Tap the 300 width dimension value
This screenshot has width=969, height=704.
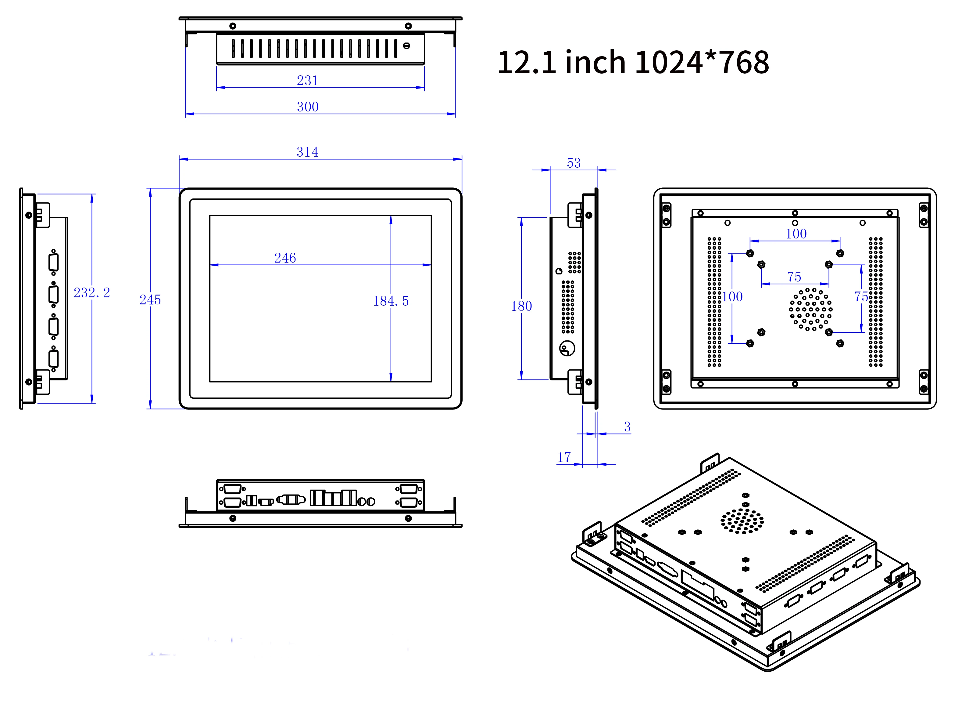click(x=308, y=107)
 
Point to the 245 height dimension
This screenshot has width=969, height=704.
click(x=150, y=300)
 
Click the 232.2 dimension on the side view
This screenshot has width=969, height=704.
click(x=91, y=292)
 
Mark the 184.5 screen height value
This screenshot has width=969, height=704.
click(x=391, y=301)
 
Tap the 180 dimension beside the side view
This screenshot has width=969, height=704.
click(x=521, y=306)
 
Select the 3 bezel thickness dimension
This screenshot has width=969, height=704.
click(x=627, y=426)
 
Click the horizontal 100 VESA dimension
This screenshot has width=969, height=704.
click(x=796, y=234)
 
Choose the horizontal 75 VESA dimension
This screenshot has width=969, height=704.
click(x=794, y=277)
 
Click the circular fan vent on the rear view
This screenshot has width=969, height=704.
click(x=810, y=309)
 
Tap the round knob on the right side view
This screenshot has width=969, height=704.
click(x=567, y=348)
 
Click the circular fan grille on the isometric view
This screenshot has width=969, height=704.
click(x=742, y=521)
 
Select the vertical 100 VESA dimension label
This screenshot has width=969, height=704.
click(x=732, y=296)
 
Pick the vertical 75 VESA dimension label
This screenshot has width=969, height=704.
click(x=861, y=296)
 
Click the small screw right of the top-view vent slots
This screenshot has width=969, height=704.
click(x=406, y=46)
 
